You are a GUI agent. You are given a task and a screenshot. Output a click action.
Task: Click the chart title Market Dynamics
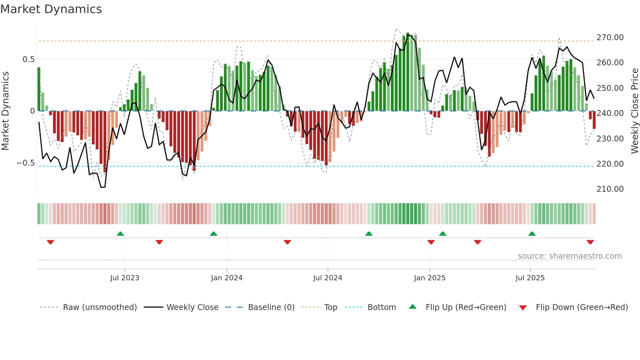(x=51, y=9)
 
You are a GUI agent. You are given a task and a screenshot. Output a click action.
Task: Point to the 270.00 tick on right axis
(x=610, y=38)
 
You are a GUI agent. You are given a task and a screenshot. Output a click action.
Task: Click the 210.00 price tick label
(x=610, y=189)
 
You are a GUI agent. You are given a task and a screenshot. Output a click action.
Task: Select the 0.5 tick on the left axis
(x=28, y=59)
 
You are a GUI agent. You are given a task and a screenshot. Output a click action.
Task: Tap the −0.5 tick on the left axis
(x=25, y=163)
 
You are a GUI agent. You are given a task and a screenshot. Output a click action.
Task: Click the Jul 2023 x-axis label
(x=124, y=278)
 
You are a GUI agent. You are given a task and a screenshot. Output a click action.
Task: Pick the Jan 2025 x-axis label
(x=429, y=278)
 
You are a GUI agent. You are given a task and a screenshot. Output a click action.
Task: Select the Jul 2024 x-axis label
(x=328, y=278)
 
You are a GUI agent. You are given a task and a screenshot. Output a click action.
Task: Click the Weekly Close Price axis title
(x=634, y=111)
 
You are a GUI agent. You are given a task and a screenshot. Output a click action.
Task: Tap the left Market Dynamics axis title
(x=5, y=111)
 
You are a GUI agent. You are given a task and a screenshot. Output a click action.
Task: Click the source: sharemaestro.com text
(x=569, y=256)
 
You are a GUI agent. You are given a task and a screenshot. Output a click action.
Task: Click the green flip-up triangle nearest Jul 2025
(x=532, y=234)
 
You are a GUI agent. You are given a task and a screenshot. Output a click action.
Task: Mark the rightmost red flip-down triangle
(x=590, y=242)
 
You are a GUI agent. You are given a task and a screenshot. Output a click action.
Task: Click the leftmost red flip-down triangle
(x=50, y=242)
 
